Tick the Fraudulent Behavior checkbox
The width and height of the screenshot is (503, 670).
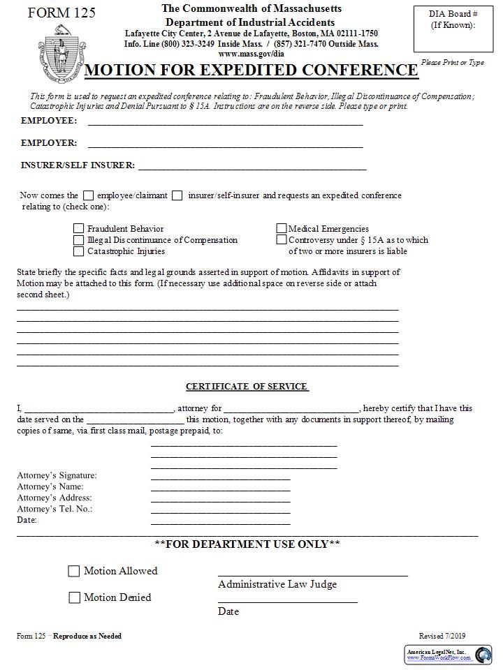pos(79,229)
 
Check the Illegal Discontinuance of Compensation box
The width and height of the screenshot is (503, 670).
pos(79,240)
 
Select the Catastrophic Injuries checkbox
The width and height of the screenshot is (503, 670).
pos(79,251)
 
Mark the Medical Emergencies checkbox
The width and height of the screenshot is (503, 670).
pos(282,229)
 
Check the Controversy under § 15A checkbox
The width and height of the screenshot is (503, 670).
pos(282,240)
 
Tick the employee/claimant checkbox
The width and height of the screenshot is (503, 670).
pos(89,196)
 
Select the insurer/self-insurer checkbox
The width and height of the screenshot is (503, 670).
pos(177,196)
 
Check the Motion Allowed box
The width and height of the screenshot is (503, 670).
pos(74,572)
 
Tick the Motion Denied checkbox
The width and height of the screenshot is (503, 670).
pos(74,598)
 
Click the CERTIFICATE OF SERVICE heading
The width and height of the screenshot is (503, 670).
pos(247,387)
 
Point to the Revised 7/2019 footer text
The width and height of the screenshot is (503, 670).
pos(442,636)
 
